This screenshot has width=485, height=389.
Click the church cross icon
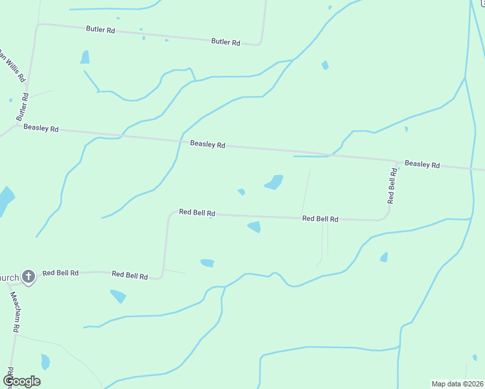(x=28, y=277)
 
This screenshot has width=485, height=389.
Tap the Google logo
(x=21, y=381)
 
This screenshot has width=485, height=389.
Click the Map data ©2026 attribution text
(x=458, y=384)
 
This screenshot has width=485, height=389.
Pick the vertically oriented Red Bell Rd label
(x=392, y=186)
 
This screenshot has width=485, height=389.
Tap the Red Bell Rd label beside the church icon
(x=60, y=273)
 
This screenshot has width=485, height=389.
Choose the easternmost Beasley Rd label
(x=422, y=165)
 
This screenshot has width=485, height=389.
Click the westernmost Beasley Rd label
(x=41, y=128)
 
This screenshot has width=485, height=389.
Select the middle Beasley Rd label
(x=207, y=145)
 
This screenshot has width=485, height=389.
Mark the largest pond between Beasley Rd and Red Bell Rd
(x=275, y=182)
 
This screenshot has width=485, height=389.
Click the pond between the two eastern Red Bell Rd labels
(x=255, y=226)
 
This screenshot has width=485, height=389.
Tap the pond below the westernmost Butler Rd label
(x=85, y=57)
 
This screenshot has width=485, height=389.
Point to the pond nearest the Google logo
(x=45, y=361)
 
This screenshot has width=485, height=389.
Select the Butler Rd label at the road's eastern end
(x=226, y=41)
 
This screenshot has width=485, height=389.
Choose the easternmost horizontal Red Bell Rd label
(x=320, y=219)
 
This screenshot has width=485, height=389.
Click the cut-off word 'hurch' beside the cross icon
(x=9, y=278)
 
